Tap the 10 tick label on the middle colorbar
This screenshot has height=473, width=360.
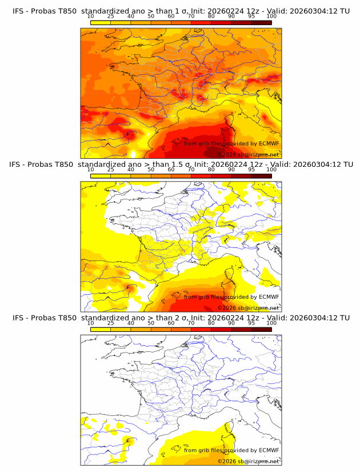tap(90, 169)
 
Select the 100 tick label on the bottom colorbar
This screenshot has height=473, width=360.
tap(271, 322)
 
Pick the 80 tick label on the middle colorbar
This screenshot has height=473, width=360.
tap(211, 169)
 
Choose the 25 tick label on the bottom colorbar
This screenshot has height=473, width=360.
tap(110, 322)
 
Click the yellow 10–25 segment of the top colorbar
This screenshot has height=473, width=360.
tap(101, 22)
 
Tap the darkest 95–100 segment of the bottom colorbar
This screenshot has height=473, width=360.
tap(261, 329)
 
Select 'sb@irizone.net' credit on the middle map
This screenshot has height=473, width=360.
tap(259, 307)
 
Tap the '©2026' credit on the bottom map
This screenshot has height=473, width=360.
tap(227, 461)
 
